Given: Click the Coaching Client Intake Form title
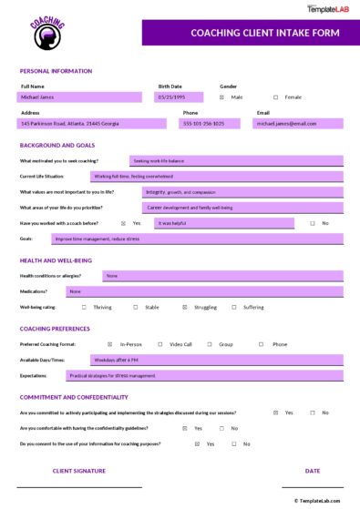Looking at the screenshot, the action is click(x=252, y=33).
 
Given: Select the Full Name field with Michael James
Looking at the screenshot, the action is click(x=79, y=96).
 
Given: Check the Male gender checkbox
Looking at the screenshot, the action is click(x=222, y=96).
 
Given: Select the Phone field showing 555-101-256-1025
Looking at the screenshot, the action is click(x=213, y=123).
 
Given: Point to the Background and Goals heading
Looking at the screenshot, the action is click(x=57, y=145).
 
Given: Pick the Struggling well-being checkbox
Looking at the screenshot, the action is click(x=185, y=307).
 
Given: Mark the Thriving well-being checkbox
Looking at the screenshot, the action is click(x=84, y=307).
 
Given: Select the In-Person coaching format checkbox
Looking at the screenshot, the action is click(x=110, y=344).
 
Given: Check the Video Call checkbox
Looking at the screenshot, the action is click(x=159, y=344).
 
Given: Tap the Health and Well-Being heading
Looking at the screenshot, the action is click(x=56, y=260).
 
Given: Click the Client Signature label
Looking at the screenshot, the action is click(x=79, y=471).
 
